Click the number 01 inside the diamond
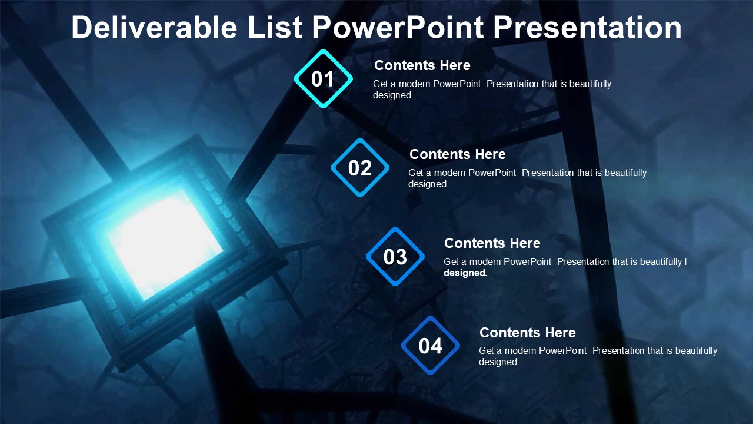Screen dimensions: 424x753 (x=322, y=79)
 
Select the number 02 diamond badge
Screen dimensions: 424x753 (x=359, y=168)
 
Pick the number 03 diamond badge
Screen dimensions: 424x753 (x=395, y=257)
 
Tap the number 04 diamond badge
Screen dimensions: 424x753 (x=430, y=346)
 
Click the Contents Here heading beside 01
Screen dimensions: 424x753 (x=422, y=65)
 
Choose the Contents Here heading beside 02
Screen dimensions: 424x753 (x=457, y=154)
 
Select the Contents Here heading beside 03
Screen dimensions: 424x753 (x=492, y=243)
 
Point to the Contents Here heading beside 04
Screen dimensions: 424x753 (x=527, y=333)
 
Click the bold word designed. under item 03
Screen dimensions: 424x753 (x=465, y=273)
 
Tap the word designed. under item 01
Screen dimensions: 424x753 (x=393, y=95)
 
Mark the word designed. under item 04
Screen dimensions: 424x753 (x=499, y=362)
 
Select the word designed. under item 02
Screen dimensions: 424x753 (x=428, y=184)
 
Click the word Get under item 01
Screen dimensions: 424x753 (x=381, y=84)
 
